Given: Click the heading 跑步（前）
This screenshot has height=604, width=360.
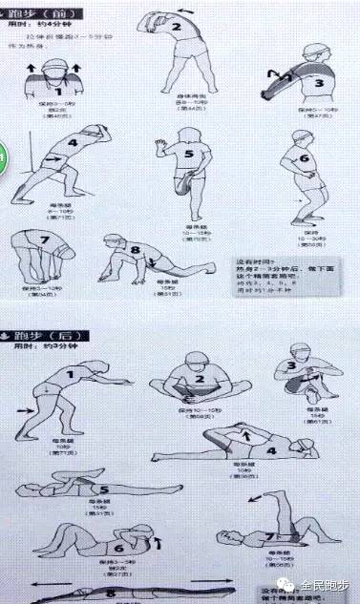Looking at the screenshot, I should (34, 14).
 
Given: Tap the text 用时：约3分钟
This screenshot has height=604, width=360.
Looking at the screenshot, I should (39, 351).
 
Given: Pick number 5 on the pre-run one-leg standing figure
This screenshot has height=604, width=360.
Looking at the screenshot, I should (189, 155).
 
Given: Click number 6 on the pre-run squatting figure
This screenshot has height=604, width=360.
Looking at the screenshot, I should (306, 159).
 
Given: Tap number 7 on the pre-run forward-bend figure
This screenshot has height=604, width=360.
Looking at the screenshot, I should (43, 238).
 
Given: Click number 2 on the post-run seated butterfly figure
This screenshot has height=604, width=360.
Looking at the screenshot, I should (201, 381).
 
